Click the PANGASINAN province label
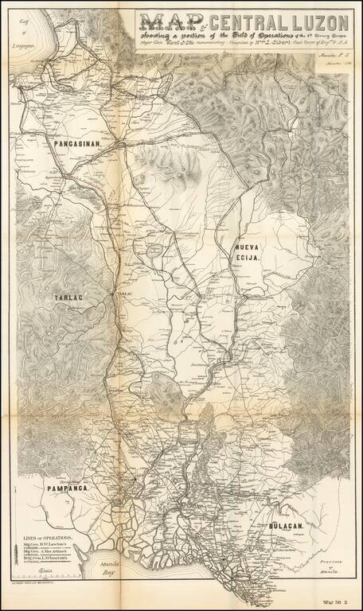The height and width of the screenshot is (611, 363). coord(76,145)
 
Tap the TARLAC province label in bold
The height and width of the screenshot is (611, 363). coord(69,298)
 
